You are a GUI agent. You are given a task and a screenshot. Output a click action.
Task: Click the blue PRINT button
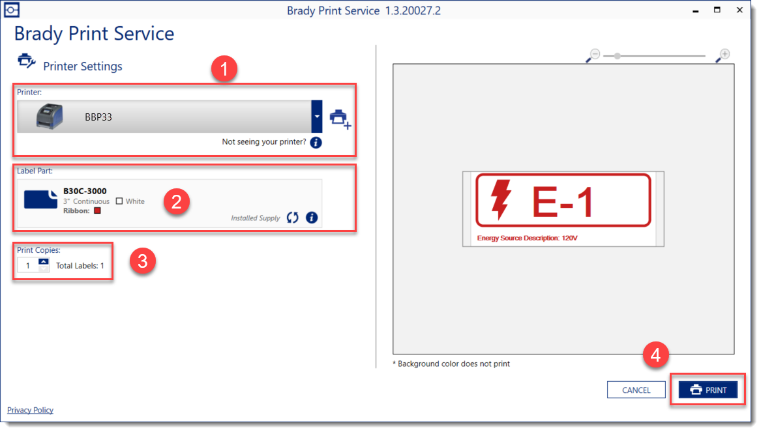(708, 390)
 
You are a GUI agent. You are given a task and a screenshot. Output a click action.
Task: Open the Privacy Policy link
(30, 410)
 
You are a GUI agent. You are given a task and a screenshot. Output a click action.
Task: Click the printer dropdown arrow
(316, 117)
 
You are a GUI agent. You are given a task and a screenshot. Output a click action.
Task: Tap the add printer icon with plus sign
(340, 119)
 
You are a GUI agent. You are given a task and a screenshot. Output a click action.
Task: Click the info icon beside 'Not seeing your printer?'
(316, 143)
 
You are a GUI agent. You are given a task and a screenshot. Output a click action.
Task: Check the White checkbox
(119, 201)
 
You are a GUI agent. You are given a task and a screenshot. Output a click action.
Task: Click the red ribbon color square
(98, 210)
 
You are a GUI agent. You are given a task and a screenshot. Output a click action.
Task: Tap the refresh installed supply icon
(292, 218)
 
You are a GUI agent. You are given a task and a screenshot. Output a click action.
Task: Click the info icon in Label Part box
(312, 218)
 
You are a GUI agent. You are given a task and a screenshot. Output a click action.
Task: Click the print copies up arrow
(44, 262)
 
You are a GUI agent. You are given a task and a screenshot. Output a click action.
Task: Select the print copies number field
(27, 266)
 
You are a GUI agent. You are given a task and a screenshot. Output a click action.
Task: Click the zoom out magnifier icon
(593, 55)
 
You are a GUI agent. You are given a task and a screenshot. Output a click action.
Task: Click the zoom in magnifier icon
(723, 55)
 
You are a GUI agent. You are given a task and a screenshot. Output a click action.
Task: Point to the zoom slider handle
(618, 56)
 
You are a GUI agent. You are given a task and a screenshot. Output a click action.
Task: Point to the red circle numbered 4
(655, 355)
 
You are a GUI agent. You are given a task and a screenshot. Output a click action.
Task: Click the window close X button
(739, 10)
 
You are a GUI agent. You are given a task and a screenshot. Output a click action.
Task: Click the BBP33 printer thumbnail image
(50, 117)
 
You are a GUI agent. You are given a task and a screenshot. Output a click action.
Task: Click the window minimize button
(696, 10)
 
